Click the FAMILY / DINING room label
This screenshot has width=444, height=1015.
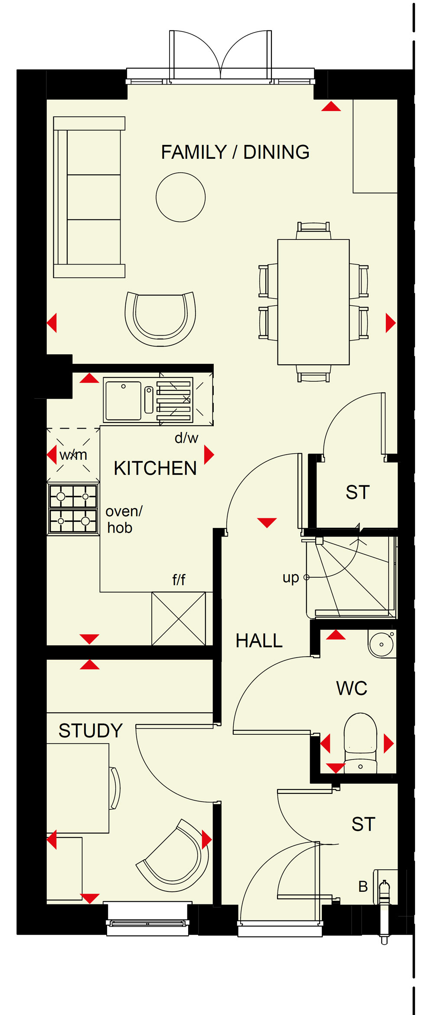235,152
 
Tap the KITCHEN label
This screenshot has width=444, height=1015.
155,468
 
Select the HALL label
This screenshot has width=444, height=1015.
259,641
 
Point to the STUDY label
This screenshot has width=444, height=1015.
91,731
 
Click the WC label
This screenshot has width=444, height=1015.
352,688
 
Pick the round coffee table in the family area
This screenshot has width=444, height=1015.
181,197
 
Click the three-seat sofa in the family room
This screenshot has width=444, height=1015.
89,197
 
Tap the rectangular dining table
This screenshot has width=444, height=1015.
313,302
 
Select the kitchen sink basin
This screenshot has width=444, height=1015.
124,400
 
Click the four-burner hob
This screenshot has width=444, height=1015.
73,509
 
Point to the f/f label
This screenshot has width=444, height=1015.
179,580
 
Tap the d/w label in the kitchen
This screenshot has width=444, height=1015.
186,438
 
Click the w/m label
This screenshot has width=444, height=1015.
73,455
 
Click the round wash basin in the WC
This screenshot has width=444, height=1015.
382,644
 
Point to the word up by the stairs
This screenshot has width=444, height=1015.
291,578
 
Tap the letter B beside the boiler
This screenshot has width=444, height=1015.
363,887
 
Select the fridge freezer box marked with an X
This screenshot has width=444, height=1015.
179,619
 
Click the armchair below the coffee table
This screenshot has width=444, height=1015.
160,319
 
